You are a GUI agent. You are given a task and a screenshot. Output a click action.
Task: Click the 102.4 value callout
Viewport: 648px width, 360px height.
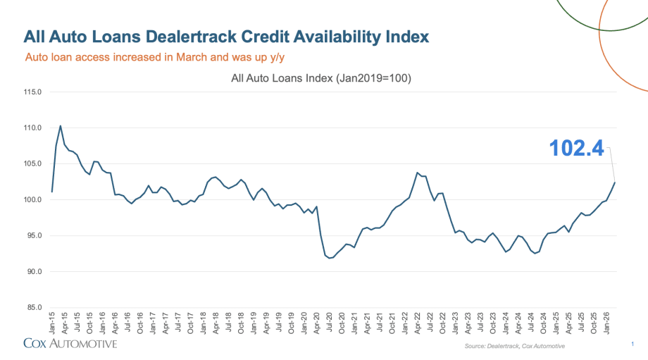pyautogui.click(x=576, y=149)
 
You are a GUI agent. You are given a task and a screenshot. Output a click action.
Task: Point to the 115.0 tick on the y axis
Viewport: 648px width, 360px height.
pyautogui.click(x=32, y=92)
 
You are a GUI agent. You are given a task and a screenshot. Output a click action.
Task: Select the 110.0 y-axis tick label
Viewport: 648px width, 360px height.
pyautogui.click(x=32, y=128)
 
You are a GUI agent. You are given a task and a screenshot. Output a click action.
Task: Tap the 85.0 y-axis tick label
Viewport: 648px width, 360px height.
pyautogui.click(x=32, y=307)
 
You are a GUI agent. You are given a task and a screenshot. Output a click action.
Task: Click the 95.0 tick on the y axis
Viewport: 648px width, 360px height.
pyautogui.click(x=32, y=235)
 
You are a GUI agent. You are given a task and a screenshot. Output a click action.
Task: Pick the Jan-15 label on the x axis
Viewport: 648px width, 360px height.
pyautogui.click(x=52, y=323)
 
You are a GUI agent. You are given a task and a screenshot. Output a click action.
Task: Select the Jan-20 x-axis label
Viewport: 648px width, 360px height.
pyautogui.click(x=304, y=323)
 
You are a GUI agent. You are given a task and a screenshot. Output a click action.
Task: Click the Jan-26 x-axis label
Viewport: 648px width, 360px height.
pyautogui.click(x=606, y=323)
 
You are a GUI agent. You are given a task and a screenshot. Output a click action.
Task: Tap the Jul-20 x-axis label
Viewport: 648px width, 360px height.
pyautogui.click(x=330, y=323)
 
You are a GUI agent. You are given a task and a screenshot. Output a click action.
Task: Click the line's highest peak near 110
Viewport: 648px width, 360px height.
pyautogui.click(x=61, y=125)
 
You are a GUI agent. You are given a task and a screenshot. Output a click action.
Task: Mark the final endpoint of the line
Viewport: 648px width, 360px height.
pyautogui.click(x=615, y=182)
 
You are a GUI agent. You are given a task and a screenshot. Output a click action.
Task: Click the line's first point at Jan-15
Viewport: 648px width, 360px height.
pyautogui.click(x=52, y=192)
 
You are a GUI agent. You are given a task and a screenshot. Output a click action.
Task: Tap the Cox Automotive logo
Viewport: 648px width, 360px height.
pyautogui.click(x=70, y=344)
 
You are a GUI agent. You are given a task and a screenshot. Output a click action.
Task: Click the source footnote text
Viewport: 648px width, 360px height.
pyautogui.click(x=514, y=347)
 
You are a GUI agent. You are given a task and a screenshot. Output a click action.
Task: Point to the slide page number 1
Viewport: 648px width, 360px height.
pyautogui.click(x=633, y=344)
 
